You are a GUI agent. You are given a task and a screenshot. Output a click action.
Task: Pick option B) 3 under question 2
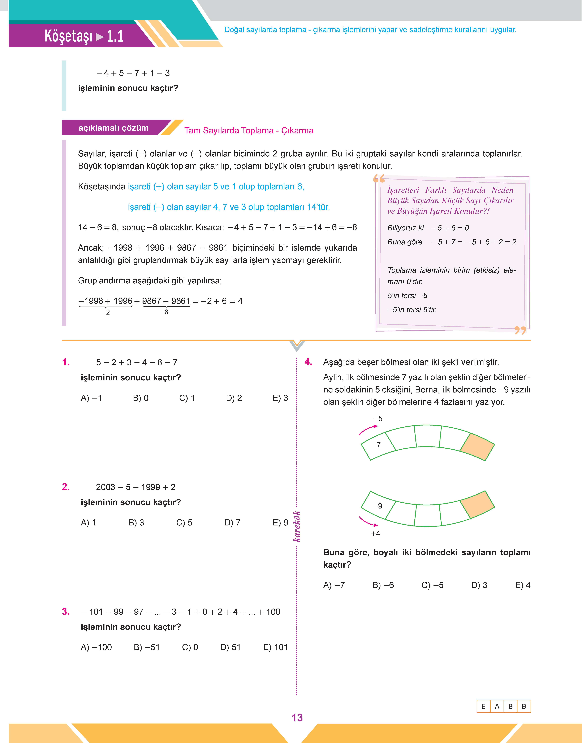(x=136, y=523)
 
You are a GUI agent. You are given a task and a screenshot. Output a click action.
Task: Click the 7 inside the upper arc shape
(x=379, y=445)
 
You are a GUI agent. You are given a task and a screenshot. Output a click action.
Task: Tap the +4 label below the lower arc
(x=375, y=534)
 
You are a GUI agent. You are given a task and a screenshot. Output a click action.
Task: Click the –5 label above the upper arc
(x=378, y=418)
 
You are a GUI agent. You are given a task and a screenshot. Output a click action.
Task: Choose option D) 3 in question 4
(x=479, y=585)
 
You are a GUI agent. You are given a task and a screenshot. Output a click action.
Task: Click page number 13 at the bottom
(x=297, y=718)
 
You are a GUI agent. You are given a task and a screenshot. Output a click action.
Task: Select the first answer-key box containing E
(x=483, y=707)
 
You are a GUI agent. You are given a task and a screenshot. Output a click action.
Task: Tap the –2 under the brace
(x=106, y=312)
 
